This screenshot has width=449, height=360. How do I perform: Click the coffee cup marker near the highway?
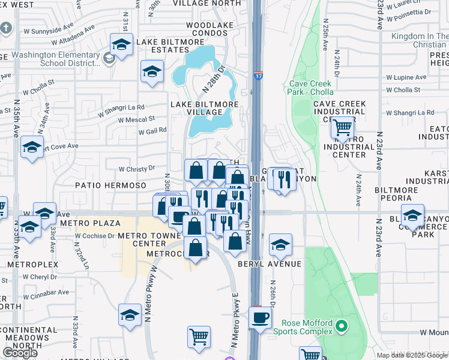[x=260, y=317]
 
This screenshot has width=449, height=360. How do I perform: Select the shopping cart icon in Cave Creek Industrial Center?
[x=342, y=127]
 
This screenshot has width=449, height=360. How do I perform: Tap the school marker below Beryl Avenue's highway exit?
[x=280, y=244]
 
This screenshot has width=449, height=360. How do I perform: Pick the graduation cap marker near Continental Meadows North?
[x=130, y=315]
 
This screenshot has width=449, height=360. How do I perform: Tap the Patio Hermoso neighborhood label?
[x=110, y=186]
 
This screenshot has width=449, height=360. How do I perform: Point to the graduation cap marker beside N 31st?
[x=121, y=44]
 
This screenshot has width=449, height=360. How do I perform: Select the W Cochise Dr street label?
[x=95, y=236]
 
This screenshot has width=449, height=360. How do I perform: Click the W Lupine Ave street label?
[x=406, y=77]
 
